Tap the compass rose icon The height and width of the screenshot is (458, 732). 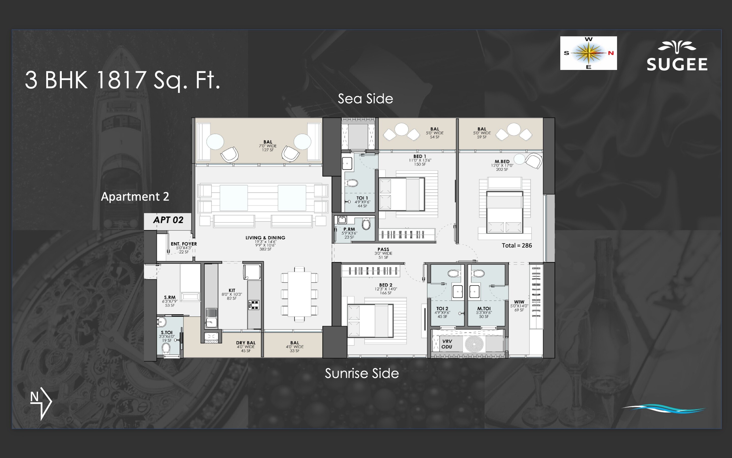tap(588, 53)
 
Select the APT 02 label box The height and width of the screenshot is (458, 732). tap(168, 220)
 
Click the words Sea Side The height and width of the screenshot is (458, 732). tap(365, 99)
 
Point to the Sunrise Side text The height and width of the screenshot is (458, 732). tap(362, 374)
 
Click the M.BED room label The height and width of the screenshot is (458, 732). tap(502, 162)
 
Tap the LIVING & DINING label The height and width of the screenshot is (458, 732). tap(265, 238)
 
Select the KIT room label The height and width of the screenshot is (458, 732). tap(232, 290)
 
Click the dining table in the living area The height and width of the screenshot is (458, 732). tap(299, 294)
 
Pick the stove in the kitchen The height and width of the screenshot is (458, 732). tap(253, 305)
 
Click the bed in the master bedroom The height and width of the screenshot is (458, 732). tap(504, 212)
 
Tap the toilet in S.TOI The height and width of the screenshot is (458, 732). tap(166, 349)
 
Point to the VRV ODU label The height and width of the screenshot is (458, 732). tap(447, 344)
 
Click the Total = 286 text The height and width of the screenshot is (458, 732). tap(517, 245)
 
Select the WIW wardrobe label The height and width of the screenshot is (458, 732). tap(519, 302)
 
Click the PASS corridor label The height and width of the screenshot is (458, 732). tap(383, 250)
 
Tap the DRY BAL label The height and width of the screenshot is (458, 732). tap(245, 343)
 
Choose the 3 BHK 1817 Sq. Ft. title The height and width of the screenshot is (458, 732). tap(122, 80)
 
